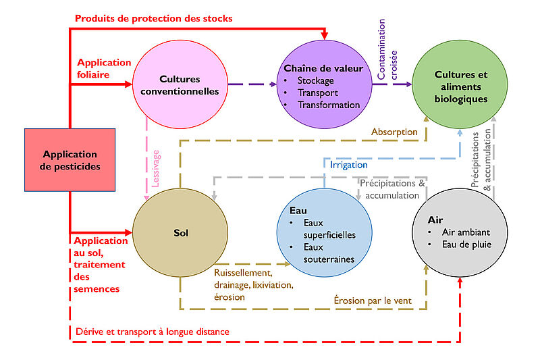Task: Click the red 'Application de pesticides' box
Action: tap(70, 160)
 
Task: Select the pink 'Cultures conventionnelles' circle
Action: tap(180, 84)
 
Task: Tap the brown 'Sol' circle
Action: tap(180, 232)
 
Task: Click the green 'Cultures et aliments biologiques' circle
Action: tap(460, 84)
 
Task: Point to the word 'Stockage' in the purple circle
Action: tap(315, 80)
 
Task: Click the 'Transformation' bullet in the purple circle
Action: tap(329, 105)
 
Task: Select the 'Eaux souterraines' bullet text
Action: tap(329, 253)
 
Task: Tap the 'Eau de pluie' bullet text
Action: tap(466, 245)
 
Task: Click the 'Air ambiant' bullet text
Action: tap(466, 232)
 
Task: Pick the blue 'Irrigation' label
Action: tap(349, 165)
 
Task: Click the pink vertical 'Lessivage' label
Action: tap(155, 169)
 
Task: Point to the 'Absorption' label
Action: tap(394, 132)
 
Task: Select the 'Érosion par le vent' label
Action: tap(373, 301)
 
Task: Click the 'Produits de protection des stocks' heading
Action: tap(154, 18)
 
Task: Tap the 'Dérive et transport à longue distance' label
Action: tap(153, 332)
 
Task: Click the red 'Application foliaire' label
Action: tap(104, 68)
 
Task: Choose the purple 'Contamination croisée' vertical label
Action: tap(387, 49)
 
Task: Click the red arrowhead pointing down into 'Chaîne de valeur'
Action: tap(325, 35)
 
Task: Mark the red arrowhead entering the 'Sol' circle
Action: tap(128, 232)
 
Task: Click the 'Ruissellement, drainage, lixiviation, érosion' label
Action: tap(254, 285)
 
